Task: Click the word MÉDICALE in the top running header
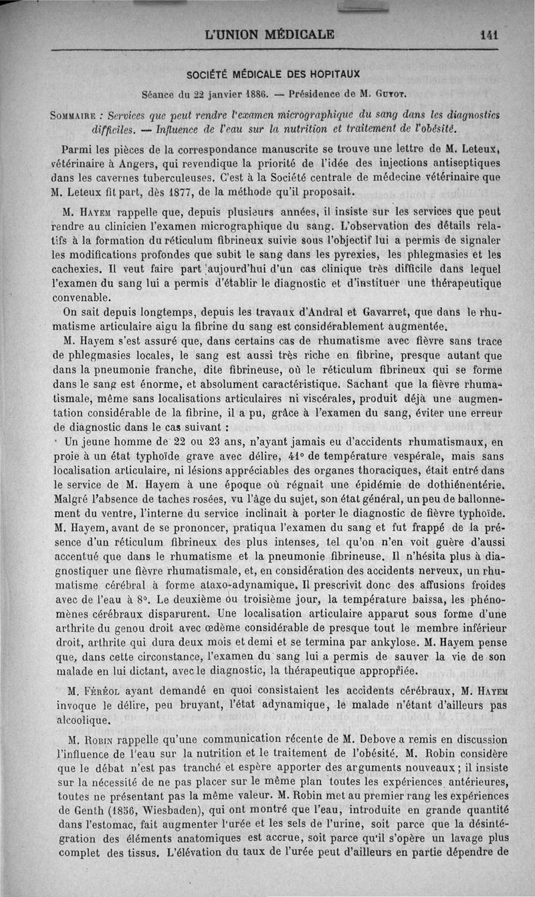tap(296, 33)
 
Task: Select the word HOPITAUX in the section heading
tap(332, 74)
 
